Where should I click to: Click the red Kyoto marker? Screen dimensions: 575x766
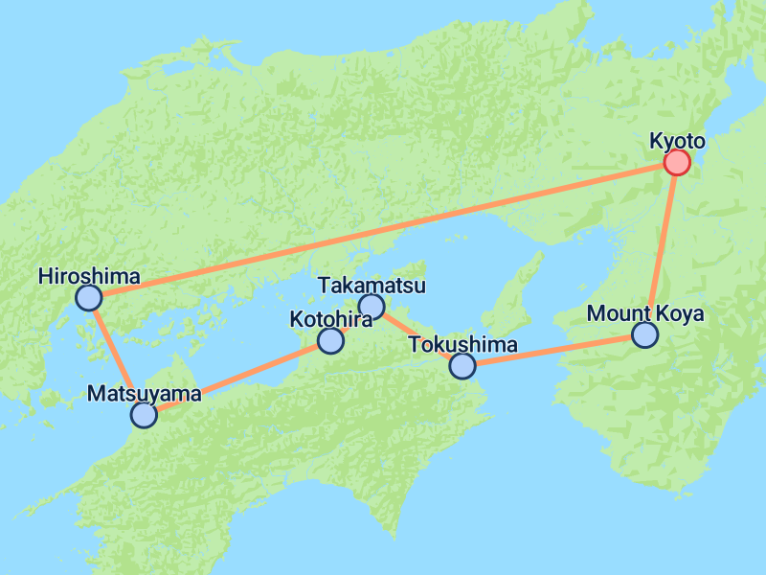click(x=677, y=163)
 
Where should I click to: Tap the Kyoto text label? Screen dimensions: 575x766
click(x=677, y=142)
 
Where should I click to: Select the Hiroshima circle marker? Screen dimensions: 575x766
click(x=88, y=298)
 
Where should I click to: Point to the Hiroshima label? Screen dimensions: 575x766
click(x=89, y=277)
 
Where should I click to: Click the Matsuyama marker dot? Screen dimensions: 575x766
click(x=144, y=414)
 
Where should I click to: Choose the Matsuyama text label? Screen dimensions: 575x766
click(x=145, y=393)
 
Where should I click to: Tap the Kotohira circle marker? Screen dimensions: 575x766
click(x=330, y=340)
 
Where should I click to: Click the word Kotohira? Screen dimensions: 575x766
click(x=330, y=319)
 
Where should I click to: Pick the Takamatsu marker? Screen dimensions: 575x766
click(x=371, y=307)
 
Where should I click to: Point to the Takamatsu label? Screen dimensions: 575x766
click(x=372, y=286)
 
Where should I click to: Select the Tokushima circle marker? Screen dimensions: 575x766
click(x=462, y=365)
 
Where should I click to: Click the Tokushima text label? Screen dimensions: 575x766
click(x=462, y=344)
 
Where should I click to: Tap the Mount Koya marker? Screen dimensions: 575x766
click(x=645, y=334)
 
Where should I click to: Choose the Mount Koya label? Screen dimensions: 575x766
click(x=645, y=313)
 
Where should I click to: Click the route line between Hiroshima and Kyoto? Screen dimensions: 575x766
click(x=383, y=230)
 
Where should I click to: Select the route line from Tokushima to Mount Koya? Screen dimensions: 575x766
click(x=553, y=350)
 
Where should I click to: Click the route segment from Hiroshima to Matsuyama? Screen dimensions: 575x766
click(x=116, y=356)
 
